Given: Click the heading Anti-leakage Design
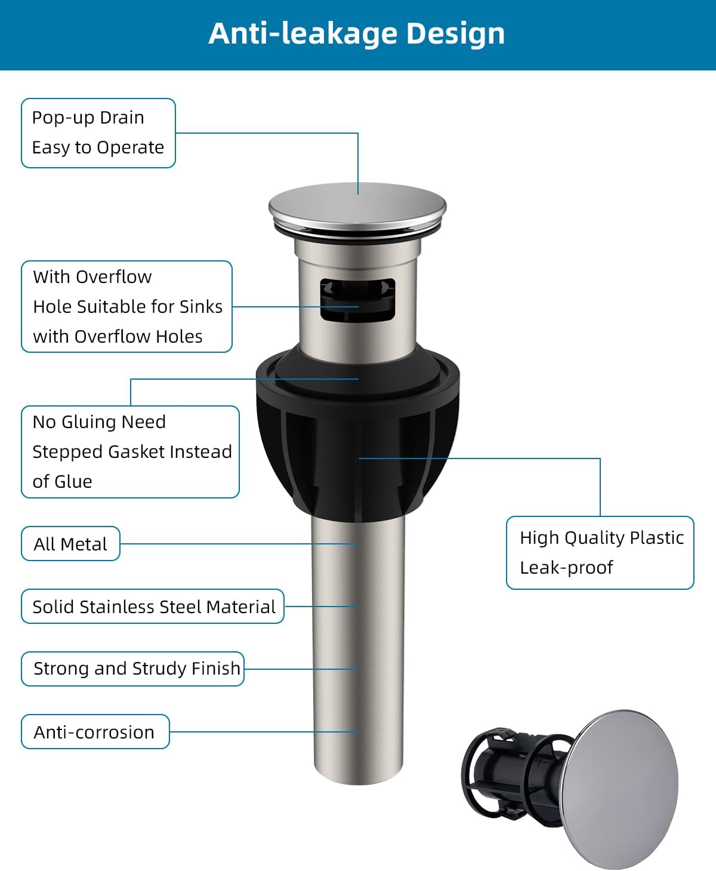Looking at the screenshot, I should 357,33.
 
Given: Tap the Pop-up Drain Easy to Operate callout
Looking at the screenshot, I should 98,133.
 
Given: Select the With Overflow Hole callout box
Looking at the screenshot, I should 126,306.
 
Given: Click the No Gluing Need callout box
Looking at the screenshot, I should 130,451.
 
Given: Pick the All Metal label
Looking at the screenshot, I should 70,544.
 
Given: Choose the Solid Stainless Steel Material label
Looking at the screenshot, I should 153,607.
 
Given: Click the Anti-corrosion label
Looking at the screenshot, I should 95,732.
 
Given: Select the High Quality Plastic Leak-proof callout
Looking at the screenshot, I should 600,553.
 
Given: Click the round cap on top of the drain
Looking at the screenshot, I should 357,207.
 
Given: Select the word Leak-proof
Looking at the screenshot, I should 566,568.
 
